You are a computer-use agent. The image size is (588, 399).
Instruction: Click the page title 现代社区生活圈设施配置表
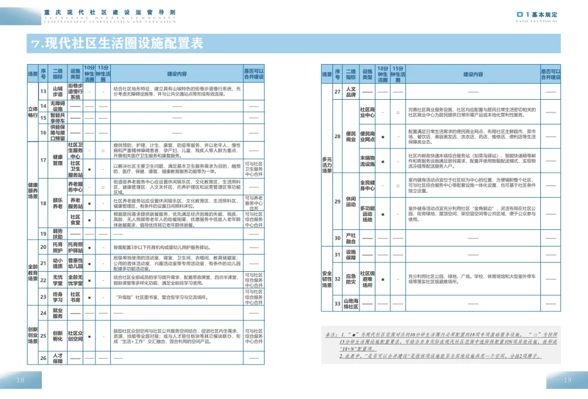tap(117, 44)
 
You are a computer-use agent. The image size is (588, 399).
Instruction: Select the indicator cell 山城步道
tap(57, 92)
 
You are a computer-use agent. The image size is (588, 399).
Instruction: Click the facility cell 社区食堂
tap(75, 221)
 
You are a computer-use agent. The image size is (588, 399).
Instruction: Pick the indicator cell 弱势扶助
tap(57, 233)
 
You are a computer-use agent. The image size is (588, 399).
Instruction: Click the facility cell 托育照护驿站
tap(75, 247)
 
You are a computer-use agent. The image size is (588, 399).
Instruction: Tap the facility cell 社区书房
tap(75, 297)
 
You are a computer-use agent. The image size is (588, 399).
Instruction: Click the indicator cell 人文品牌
tap(351, 92)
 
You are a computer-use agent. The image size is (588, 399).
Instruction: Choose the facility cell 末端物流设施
tap(367, 161)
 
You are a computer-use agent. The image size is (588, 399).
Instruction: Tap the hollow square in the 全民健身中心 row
tap(397, 186)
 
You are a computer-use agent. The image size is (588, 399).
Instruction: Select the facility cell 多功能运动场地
tap(367, 214)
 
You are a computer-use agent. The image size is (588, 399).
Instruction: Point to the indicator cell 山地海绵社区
tap(351, 303)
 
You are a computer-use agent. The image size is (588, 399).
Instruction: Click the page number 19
tap(567, 380)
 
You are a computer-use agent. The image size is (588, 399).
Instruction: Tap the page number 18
tap(21, 380)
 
